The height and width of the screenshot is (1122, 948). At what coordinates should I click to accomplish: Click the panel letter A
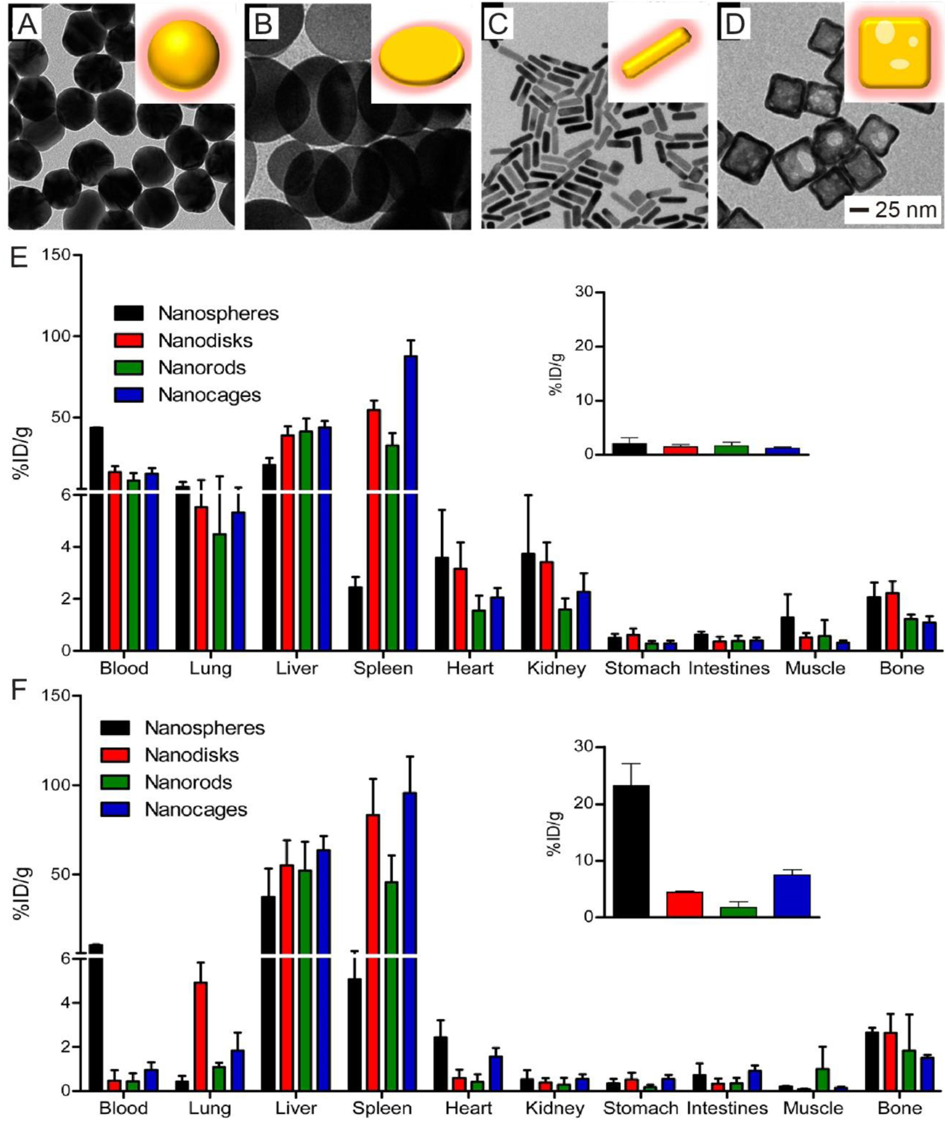[x=26, y=25]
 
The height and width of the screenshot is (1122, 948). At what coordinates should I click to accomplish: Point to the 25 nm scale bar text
[x=905, y=210]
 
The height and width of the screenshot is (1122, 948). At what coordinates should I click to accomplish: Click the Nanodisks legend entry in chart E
[x=205, y=341]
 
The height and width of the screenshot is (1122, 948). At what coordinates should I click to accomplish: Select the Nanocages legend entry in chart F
[x=196, y=810]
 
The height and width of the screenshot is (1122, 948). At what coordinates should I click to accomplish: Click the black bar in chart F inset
[x=631, y=851]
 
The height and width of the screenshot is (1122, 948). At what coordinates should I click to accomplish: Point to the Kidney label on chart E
[x=556, y=669]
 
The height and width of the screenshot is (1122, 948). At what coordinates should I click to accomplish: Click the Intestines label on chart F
[x=727, y=1108]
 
